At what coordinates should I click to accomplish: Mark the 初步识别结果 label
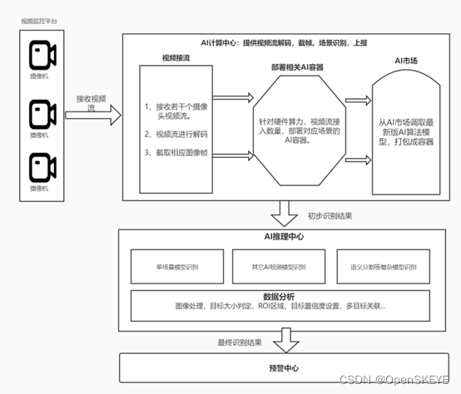click(x=330, y=215)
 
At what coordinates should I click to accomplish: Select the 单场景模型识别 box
click(x=177, y=266)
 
